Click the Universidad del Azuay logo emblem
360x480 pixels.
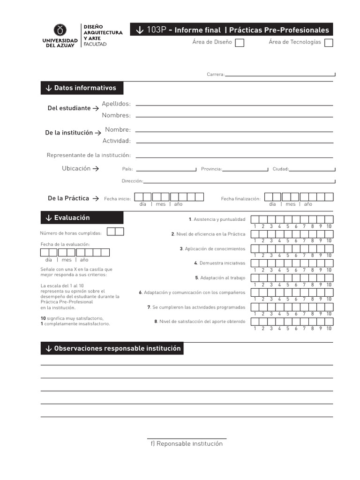click(60, 30)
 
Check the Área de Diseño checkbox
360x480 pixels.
click(239, 43)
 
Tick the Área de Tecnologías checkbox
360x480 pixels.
click(329, 43)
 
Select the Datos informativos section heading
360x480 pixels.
click(82, 88)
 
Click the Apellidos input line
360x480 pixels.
click(234, 105)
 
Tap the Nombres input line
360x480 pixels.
click(234, 116)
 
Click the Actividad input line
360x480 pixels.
click(234, 142)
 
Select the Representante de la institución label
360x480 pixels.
click(89, 155)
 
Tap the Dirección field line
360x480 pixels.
click(239, 181)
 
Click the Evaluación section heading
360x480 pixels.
click(82, 218)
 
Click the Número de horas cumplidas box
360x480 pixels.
click(115, 231)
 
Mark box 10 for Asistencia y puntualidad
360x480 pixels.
click(329, 219)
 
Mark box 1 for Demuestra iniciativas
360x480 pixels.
click(255, 263)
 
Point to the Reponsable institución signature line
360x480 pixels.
click(187, 438)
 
